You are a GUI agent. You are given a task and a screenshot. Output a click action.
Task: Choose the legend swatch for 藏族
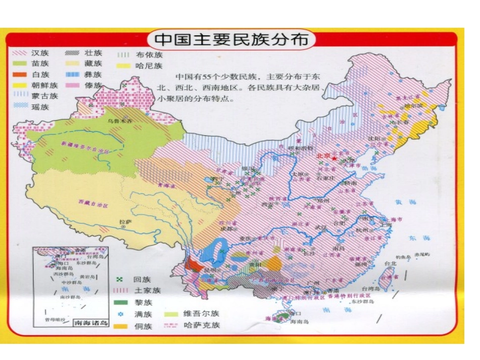pos(73,64)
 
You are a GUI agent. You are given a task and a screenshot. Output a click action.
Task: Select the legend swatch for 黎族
pos(120,302)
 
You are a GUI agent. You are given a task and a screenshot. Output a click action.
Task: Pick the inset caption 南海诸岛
pos(91,323)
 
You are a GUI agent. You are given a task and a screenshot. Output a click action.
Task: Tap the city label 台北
pos(391,263)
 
